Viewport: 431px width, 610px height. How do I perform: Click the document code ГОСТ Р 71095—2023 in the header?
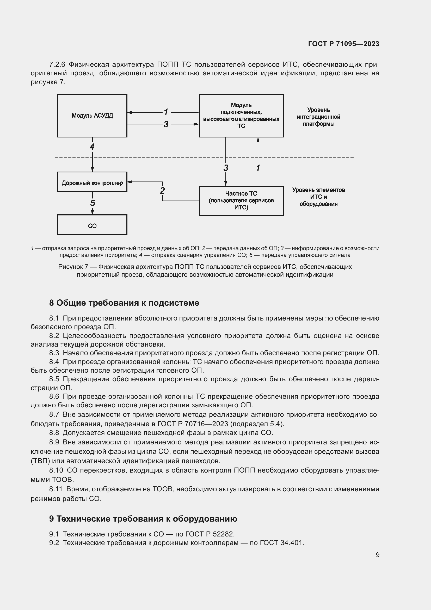(x=343, y=44)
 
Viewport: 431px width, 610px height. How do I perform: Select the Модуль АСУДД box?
(x=92, y=116)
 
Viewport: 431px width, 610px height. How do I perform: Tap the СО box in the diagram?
(x=92, y=226)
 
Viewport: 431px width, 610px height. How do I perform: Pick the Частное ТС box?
(x=241, y=201)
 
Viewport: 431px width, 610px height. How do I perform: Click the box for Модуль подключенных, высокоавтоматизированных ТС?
(x=241, y=116)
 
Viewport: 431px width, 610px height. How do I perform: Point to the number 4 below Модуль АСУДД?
(x=92, y=147)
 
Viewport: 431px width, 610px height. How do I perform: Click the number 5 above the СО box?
(x=92, y=203)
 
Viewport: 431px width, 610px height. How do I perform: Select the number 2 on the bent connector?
(x=162, y=190)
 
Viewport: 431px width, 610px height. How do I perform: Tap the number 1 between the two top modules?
(x=166, y=112)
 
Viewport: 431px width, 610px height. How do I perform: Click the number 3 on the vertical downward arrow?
(x=226, y=168)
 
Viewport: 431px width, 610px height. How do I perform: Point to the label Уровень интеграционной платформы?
(x=318, y=117)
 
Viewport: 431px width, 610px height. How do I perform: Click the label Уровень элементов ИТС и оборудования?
(x=318, y=197)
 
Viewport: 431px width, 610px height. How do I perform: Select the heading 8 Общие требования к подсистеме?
(x=124, y=303)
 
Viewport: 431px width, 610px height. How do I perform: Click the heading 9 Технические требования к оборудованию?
(x=143, y=518)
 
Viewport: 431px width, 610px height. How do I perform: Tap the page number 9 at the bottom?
(x=377, y=555)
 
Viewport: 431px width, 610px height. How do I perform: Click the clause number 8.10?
(x=56, y=470)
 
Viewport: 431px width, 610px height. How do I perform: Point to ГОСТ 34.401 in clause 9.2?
(x=281, y=543)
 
